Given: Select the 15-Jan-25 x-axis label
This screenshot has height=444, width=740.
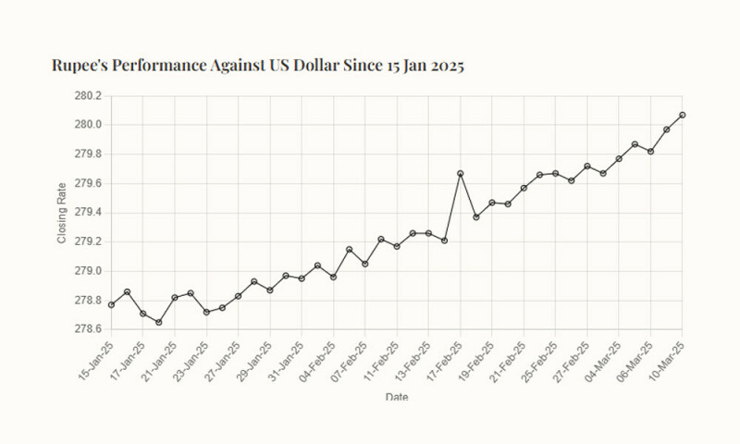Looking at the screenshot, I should point(95,356).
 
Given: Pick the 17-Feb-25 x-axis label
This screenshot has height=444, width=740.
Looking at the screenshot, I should point(443,356).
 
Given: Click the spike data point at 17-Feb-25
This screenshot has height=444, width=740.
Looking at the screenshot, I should point(460,174).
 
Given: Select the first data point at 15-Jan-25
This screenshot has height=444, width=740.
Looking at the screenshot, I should point(111,304).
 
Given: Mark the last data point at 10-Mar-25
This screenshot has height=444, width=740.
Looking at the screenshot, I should point(682,115).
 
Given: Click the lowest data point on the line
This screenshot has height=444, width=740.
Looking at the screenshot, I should point(158,322).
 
